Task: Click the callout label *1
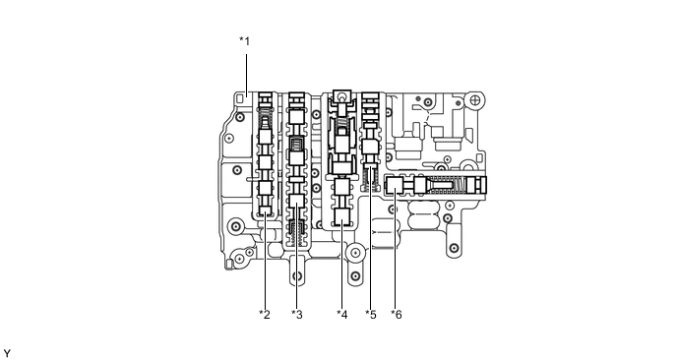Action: pos(245,40)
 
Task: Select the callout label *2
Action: pos(264,314)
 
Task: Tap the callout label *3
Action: pos(297,314)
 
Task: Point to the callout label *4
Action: pos(341,314)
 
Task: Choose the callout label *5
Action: pos(370,314)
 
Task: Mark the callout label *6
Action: pos(396,314)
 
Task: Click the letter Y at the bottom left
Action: pos(7,351)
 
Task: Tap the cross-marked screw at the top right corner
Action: pos(475,100)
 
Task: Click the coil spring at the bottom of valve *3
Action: pos(297,233)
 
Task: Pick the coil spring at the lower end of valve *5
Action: pos(371,178)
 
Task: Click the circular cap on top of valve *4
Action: pos(341,95)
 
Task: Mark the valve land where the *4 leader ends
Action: pos(341,218)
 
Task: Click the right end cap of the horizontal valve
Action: pos(477,184)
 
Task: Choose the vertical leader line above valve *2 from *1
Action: pos(245,69)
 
